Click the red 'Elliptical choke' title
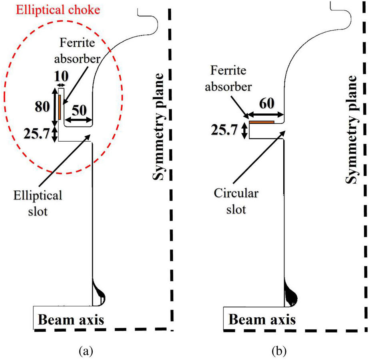pyautogui.click(x=58, y=10)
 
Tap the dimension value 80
pyautogui.click(x=42, y=106)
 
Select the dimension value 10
pyautogui.click(x=62, y=76)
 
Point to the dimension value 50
pyautogui.click(x=79, y=110)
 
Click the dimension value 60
pyautogui.click(x=267, y=103)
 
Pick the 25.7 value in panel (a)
pyautogui.click(x=37, y=134)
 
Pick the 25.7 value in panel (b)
pyautogui.click(x=224, y=130)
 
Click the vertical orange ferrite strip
pyautogui.click(x=60, y=107)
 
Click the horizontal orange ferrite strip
pyautogui.click(x=262, y=122)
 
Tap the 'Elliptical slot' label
pyautogui.click(x=38, y=203)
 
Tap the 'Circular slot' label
pyautogui.click(x=236, y=201)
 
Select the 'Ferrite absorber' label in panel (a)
pyautogui.click(x=78, y=51)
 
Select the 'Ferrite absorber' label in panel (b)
pyautogui.click(x=229, y=79)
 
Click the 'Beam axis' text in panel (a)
pyautogui.click(x=71, y=320)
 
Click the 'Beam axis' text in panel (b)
pyautogui.click(x=262, y=320)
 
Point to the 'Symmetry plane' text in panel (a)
pyautogui.click(x=158, y=127)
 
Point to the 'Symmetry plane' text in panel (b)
pyautogui.click(x=352, y=129)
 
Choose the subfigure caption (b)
pyautogui.click(x=279, y=351)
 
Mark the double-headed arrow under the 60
pyautogui.click(x=265, y=115)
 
